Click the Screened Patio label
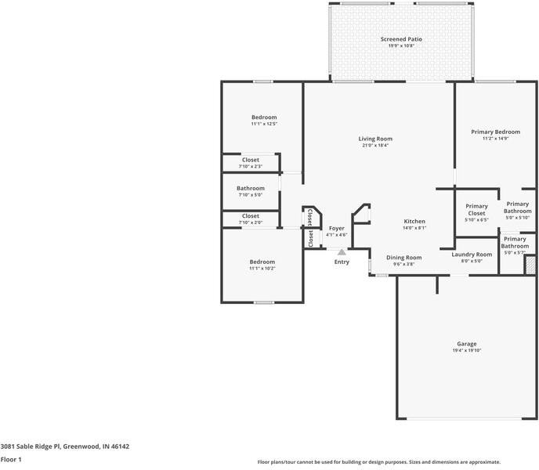[401, 39]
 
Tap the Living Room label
[375, 139]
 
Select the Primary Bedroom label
[495, 132]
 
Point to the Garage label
[466, 344]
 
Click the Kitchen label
[414, 222]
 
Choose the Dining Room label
[403, 258]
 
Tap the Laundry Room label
[472, 255]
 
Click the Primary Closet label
[476, 210]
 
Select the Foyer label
[336, 228]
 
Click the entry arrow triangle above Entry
[342, 252]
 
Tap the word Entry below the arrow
[342, 262]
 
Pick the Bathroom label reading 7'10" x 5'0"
[251, 188]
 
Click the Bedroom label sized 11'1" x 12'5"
[264, 117]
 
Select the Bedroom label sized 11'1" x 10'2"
[262, 262]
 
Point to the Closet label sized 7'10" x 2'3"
[251, 160]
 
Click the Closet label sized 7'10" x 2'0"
[251, 215]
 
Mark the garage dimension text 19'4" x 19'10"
[466, 351]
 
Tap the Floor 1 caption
[11, 460]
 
